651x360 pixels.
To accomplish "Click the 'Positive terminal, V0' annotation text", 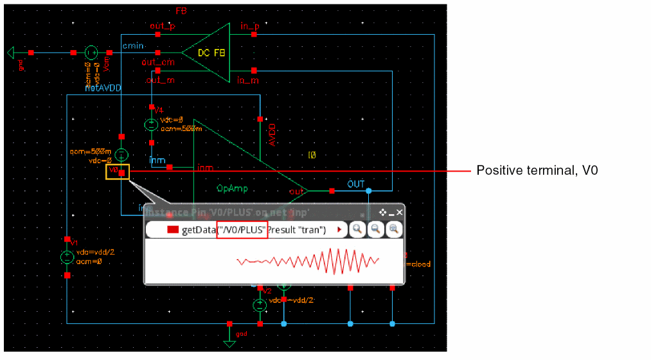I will pyautogui.click(x=537, y=171).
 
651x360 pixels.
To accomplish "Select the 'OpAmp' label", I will pyautogui.click(x=231, y=189).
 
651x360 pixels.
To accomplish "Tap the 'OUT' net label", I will pyautogui.click(x=356, y=184).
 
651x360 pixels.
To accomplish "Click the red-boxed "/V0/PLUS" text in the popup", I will pyautogui.click(x=242, y=230).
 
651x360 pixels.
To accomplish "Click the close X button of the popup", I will pyautogui.click(x=400, y=212).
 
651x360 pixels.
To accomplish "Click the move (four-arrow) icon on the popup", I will pyautogui.click(x=383, y=212).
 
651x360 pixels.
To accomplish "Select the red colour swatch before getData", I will pyautogui.click(x=172, y=230).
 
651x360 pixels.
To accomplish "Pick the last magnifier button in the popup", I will pyautogui.click(x=393, y=230).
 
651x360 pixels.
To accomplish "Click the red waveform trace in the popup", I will pyautogui.click(x=308, y=261).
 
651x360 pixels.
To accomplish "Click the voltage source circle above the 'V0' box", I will pyautogui.click(x=121, y=154).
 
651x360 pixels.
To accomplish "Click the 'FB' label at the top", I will pyautogui.click(x=181, y=12).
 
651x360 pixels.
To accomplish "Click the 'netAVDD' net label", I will pyautogui.click(x=103, y=87).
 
